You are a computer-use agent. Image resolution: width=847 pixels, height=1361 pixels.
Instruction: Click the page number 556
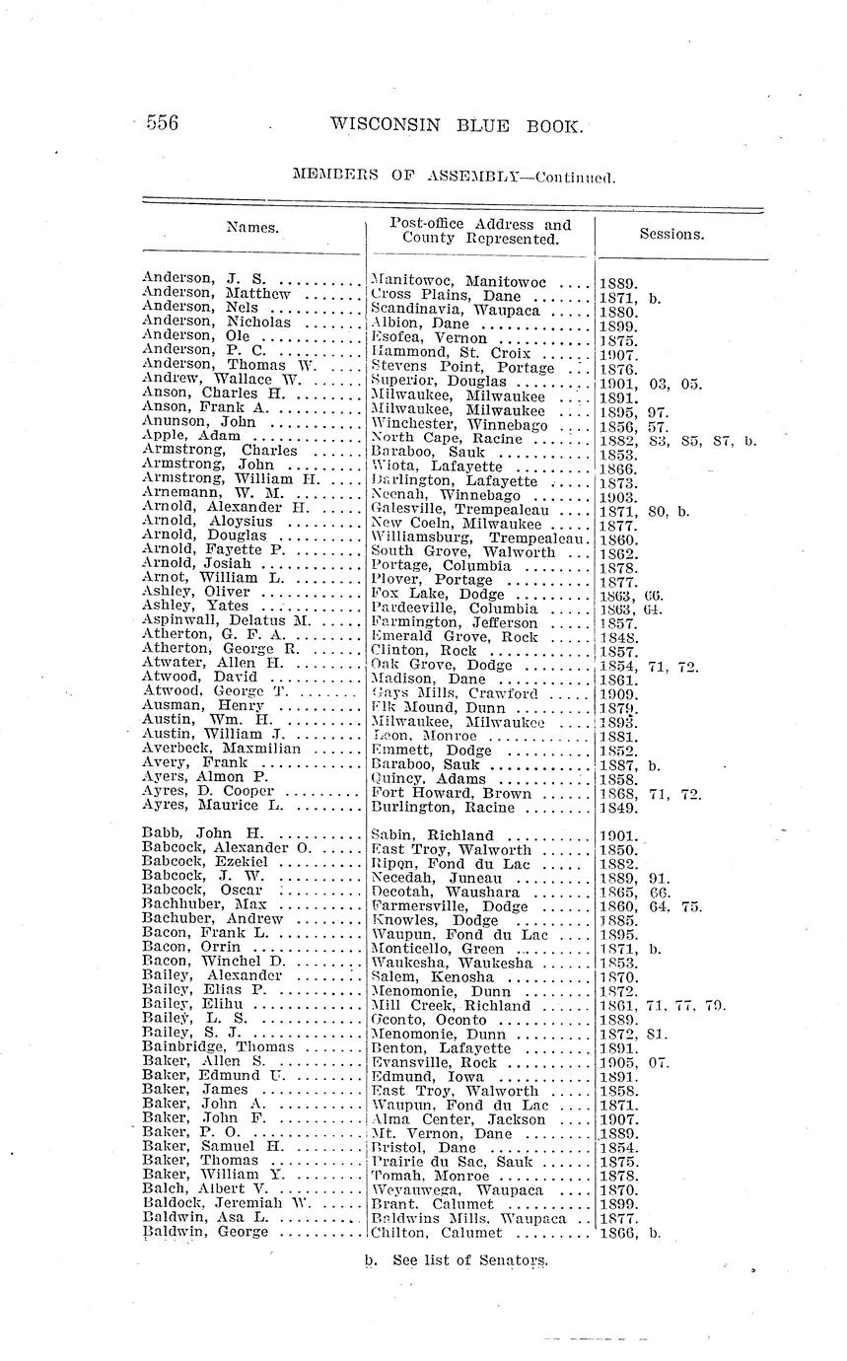[162, 123]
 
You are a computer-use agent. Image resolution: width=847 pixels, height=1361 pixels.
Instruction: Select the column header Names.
[252, 228]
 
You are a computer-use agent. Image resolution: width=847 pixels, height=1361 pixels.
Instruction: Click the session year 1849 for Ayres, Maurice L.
[617, 808]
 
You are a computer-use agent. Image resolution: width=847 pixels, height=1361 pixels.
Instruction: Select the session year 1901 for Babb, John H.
[617, 835]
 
